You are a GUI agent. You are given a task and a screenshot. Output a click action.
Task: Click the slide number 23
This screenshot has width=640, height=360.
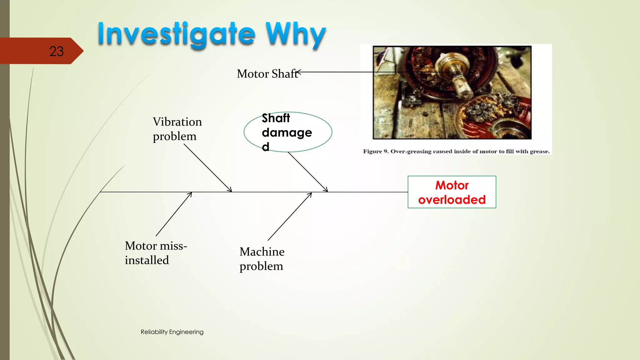point(56,51)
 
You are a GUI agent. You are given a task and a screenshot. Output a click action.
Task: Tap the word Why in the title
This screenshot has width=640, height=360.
point(295,34)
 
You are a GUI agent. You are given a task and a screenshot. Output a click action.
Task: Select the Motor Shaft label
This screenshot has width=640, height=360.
point(267,74)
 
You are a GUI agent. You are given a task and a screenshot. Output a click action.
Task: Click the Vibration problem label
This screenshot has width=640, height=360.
point(177,129)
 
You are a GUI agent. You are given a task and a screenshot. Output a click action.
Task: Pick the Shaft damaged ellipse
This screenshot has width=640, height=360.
point(287,132)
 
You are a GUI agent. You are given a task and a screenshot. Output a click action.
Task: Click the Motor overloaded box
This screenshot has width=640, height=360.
point(452,192)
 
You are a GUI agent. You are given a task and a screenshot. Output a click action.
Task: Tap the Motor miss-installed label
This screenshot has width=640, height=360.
point(156,253)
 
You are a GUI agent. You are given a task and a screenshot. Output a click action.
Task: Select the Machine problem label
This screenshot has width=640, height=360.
point(262,259)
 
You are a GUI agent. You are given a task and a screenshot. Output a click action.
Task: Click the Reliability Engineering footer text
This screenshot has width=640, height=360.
point(172,332)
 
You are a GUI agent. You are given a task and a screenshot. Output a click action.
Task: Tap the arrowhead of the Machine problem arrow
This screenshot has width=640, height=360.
point(311,194)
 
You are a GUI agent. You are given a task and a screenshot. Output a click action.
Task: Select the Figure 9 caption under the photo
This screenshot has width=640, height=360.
point(456,152)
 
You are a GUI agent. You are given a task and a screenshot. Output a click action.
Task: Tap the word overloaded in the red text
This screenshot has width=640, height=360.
point(452,200)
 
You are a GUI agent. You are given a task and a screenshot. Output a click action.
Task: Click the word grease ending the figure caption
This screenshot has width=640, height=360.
point(539,152)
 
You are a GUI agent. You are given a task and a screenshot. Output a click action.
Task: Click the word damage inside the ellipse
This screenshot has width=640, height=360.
point(287,132)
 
